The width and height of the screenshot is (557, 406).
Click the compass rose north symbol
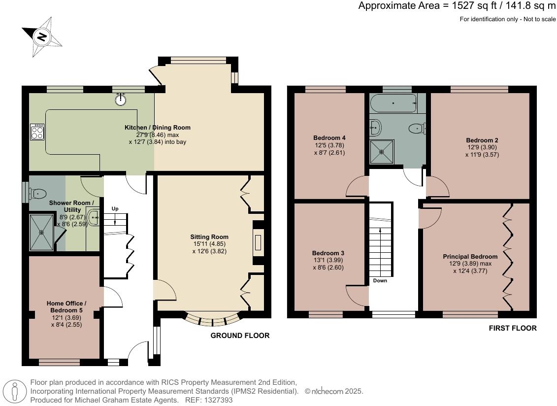pos(42,36)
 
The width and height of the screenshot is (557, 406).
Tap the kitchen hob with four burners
pos(37,132)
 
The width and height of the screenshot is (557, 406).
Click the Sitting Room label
pos(209,237)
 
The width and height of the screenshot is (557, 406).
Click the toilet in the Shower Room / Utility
pos(38,194)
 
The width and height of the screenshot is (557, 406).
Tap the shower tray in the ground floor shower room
pos(41,233)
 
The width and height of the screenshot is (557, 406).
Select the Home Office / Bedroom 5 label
pos(66,307)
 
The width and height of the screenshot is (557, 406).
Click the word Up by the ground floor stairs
pos(115,209)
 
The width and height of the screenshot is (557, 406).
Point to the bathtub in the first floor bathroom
pos(393,103)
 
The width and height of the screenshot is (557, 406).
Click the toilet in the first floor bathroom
pos(417,128)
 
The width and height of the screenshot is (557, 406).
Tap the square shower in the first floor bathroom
pos(382,152)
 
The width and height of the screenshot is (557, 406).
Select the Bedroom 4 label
pos(329,138)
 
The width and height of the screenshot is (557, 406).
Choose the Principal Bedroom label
pos(470,256)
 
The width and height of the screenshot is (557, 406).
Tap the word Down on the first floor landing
pos(380,280)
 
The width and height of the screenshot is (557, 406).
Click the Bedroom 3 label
pos(328,253)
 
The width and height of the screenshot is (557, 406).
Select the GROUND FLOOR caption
pos(240,336)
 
